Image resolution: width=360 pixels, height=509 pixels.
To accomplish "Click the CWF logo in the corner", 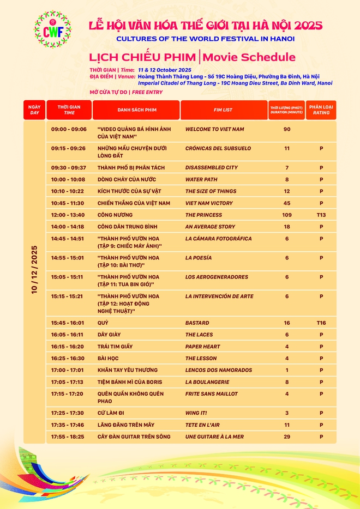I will click(52, 29).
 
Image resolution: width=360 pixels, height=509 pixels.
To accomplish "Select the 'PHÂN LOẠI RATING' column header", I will click(321, 110).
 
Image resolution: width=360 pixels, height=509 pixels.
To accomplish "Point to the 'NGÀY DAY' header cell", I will click(34, 110).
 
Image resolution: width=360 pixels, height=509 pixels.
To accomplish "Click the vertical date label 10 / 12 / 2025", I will click(34, 270).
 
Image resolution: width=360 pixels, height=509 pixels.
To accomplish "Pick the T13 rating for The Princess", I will click(321, 215).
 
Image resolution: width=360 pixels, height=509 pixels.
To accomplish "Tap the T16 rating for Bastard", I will click(321, 323).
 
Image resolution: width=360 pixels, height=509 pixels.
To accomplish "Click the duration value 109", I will click(287, 215).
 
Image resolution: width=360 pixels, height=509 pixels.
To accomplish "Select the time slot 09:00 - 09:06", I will click(69, 129).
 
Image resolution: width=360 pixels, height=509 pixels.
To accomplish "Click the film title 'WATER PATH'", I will click(202, 179).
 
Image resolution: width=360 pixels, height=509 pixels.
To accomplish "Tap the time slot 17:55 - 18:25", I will click(69, 437).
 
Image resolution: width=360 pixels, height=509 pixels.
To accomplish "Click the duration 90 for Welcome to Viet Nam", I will click(287, 129).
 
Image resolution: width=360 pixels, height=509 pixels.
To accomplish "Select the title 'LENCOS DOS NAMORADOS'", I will click(219, 370).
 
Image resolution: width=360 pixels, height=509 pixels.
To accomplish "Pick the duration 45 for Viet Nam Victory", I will click(287, 203).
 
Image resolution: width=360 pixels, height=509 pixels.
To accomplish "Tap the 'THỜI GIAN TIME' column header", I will click(69, 110).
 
